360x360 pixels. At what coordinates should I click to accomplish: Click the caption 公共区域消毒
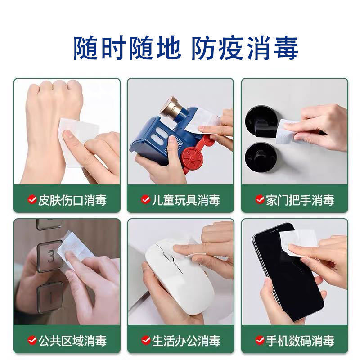coord(72,340)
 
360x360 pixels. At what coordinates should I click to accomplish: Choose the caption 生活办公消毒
coord(185,340)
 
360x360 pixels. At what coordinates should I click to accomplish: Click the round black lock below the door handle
coord(257,155)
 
